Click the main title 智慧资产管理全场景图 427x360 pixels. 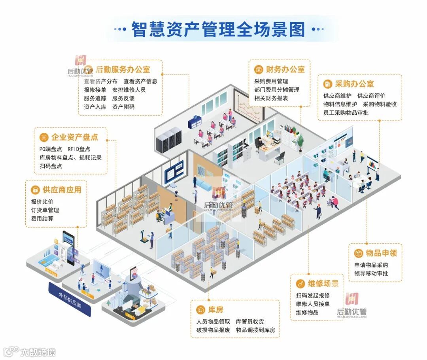pos(218,29)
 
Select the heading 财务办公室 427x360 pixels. pos(285,70)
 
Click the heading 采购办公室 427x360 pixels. pos(354,84)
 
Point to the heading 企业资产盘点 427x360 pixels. pos(74,137)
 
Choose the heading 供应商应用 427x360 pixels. pos(62,190)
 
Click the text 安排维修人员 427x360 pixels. pos(129,90)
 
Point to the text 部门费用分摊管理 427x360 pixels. pos(277,90)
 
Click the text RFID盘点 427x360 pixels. pos(79,149)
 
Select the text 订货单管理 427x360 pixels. pos(45,210)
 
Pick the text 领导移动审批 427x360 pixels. pos(371,273)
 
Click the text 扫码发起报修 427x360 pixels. pos(312,296)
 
